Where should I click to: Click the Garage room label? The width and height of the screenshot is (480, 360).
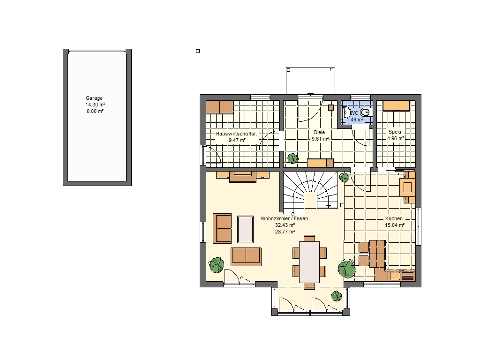coord(94,98)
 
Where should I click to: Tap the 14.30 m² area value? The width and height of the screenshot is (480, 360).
coord(95,105)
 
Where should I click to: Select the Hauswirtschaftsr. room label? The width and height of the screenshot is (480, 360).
coord(237,134)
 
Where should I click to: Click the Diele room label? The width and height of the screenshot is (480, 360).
coord(319,132)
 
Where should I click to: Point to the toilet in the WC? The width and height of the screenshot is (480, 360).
coord(366,112)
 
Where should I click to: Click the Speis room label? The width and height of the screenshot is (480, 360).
coord(395,132)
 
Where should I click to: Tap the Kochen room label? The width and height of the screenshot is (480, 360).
coord(394,218)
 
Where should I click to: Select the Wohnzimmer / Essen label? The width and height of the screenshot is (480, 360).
coord(284,218)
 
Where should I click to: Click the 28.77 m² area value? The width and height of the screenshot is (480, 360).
coord(285,232)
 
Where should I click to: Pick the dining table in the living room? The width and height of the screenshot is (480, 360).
coord(309,262)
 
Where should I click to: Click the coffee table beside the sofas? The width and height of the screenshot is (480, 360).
coord(245,229)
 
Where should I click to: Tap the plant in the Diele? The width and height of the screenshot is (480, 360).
coord(292,158)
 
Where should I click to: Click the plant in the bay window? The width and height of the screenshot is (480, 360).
coord(337,296)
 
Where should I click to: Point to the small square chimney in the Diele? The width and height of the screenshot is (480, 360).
coord(331,108)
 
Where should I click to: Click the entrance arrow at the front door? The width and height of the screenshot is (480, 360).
coord(310,95)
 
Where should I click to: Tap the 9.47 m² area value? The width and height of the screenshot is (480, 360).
coord(237,141)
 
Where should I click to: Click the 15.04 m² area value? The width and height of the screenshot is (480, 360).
coord(395,225)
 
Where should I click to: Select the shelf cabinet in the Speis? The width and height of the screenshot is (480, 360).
coord(396,105)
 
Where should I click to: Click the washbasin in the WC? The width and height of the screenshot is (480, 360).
coord(346,112)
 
